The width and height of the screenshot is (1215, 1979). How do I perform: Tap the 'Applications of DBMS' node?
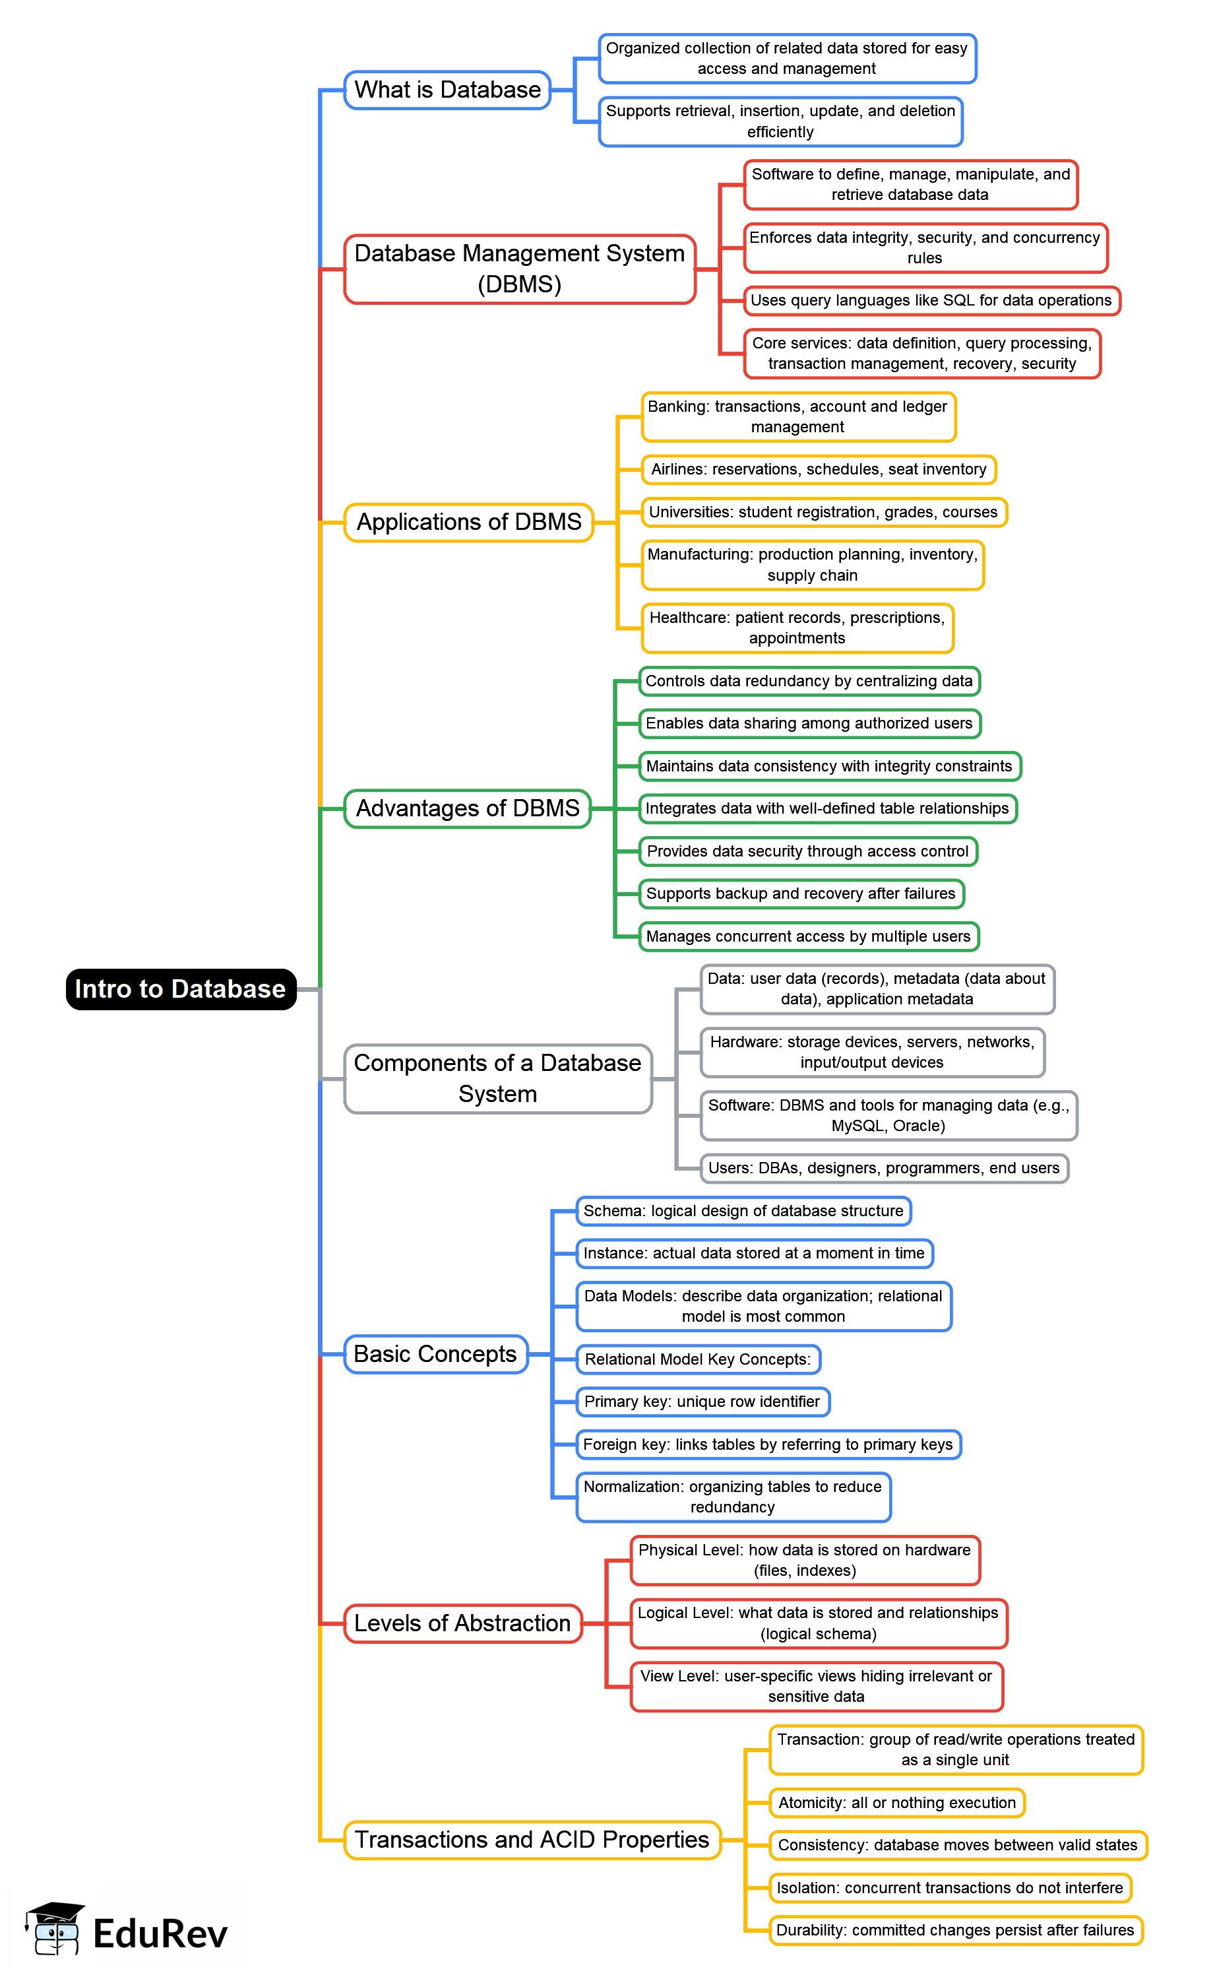click(468, 523)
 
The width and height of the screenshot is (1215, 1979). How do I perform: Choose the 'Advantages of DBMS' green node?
click(467, 808)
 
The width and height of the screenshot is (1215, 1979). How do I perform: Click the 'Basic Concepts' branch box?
click(435, 1355)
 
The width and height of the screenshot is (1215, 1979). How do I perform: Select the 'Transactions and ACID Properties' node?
click(531, 1840)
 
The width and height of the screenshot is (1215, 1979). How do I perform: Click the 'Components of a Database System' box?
click(497, 1079)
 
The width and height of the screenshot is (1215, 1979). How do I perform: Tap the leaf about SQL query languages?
click(931, 301)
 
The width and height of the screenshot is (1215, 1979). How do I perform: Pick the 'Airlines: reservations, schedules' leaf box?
click(818, 469)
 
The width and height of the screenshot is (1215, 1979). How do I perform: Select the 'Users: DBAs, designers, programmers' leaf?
click(883, 1168)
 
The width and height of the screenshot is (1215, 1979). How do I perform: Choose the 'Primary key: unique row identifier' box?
click(702, 1402)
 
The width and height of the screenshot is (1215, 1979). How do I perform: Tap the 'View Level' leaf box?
click(816, 1687)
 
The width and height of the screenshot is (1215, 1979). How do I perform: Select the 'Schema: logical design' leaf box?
click(743, 1212)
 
